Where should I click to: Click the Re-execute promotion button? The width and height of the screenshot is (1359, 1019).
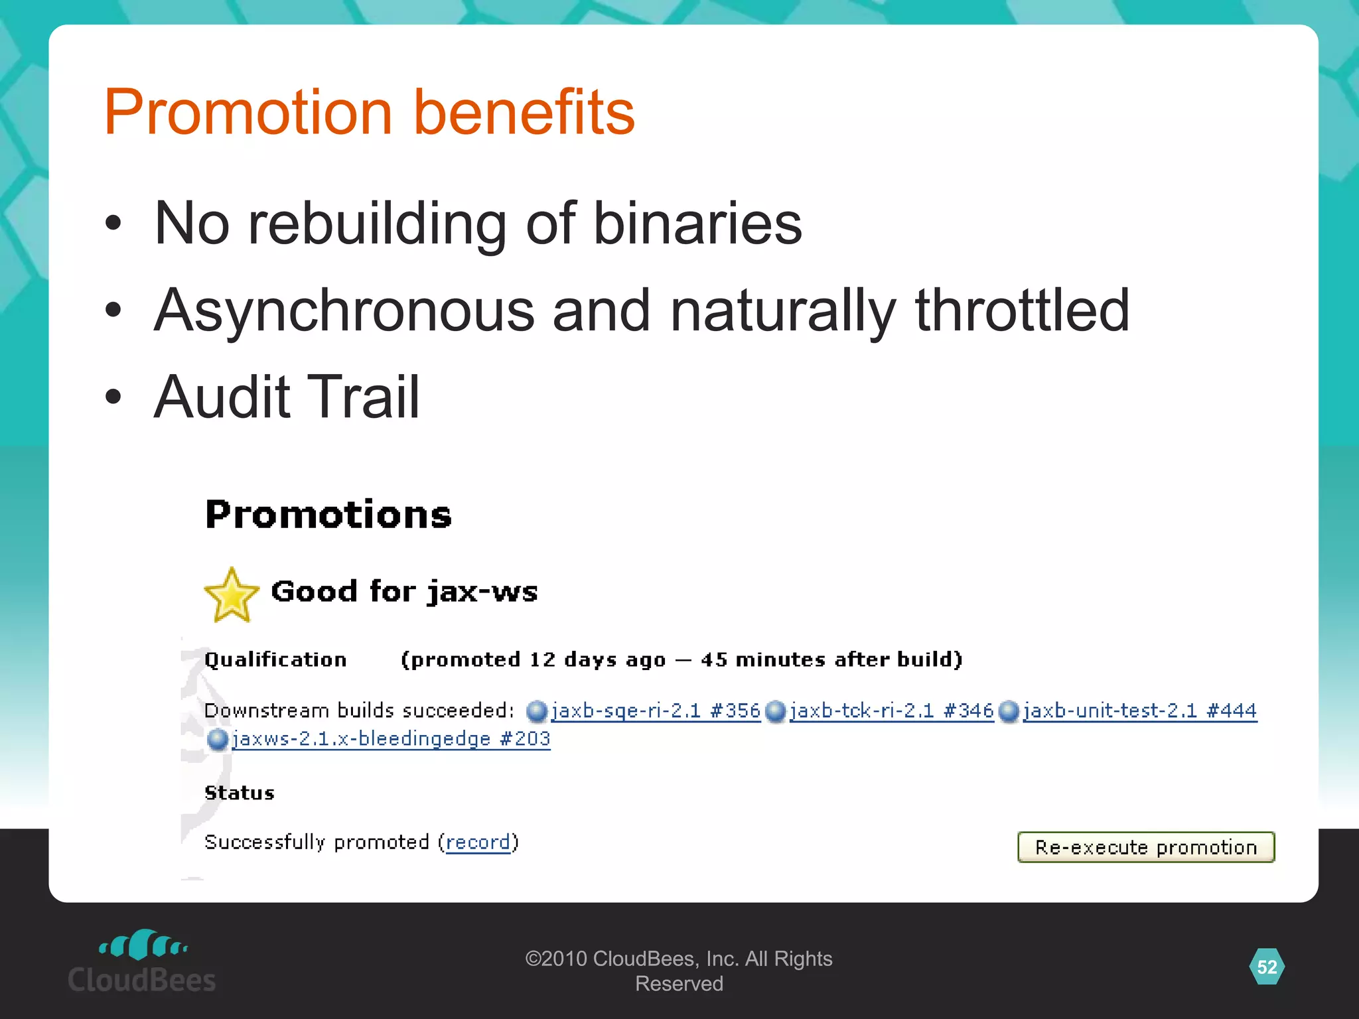pyautogui.click(x=1146, y=847)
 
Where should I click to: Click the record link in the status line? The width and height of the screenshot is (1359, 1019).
pyautogui.click(x=478, y=842)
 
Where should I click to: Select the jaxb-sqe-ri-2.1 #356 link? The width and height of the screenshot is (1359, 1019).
pyautogui.click(x=656, y=711)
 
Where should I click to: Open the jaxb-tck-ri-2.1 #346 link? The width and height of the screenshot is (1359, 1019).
pyautogui.click(x=891, y=711)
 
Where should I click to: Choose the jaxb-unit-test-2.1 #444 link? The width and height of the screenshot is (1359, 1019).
pyautogui.click(x=1139, y=711)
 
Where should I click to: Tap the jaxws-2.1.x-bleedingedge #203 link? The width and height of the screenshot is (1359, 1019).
pyautogui.click(x=391, y=738)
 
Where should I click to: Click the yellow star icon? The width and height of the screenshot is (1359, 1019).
pyautogui.click(x=231, y=595)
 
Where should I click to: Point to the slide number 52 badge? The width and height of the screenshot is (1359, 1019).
pyautogui.click(x=1267, y=967)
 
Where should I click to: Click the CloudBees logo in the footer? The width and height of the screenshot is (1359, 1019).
pyautogui.click(x=142, y=961)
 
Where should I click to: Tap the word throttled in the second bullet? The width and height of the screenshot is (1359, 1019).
pyautogui.click(x=1022, y=310)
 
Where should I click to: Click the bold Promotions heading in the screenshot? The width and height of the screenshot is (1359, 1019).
pyautogui.click(x=328, y=514)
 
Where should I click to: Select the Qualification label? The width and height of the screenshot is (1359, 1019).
pyautogui.click(x=275, y=659)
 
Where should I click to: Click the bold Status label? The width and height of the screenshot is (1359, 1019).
pyautogui.click(x=240, y=793)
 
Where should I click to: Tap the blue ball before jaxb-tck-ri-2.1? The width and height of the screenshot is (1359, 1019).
pyautogui.click(x=775, y=712)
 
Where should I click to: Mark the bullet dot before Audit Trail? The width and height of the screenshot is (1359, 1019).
pyautogui.click(x=113, y=397)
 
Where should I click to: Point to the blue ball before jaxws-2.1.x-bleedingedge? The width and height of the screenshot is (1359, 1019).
pyautogui.click(x=217, y=739)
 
